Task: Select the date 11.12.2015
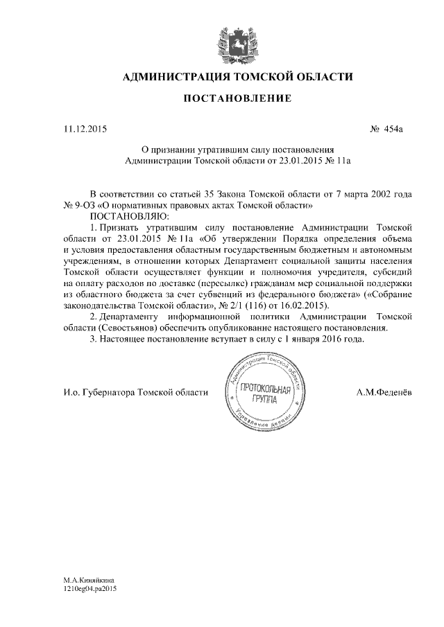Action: (85, 129)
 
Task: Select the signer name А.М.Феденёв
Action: (384, 392)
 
